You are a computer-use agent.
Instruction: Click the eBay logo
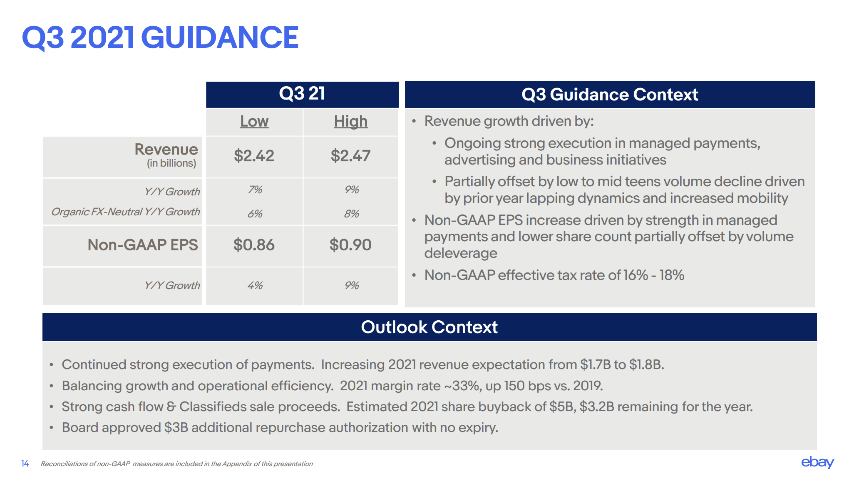tap(817, 462)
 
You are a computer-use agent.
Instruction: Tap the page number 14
tap(25, 464)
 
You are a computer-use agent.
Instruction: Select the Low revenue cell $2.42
tap(254, 156)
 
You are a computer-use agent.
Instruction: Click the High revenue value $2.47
tap(350, 156)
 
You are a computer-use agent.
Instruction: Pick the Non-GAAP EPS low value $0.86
tap(254, 245)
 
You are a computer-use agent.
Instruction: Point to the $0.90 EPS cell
tap(350, 245)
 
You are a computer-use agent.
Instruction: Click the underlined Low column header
tap(254, 121)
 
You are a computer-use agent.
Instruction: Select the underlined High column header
tap(351, 121)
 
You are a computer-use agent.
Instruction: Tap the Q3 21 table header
tap(302, 94)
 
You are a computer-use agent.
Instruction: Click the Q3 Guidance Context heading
tap(610, 95)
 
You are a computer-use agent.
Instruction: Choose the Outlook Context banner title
tap(429, 327)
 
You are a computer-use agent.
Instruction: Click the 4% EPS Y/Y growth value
tap(255, 285)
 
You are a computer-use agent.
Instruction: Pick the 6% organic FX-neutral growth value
tap(255, 214)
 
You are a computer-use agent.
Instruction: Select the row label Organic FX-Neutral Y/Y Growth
tap(125, 212)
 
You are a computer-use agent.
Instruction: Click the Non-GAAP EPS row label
tap(143, 245)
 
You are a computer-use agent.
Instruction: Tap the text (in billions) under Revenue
tap(171, 163)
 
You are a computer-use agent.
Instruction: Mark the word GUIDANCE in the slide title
tap(220, 37)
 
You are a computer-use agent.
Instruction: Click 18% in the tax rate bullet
tap(672, 275)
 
